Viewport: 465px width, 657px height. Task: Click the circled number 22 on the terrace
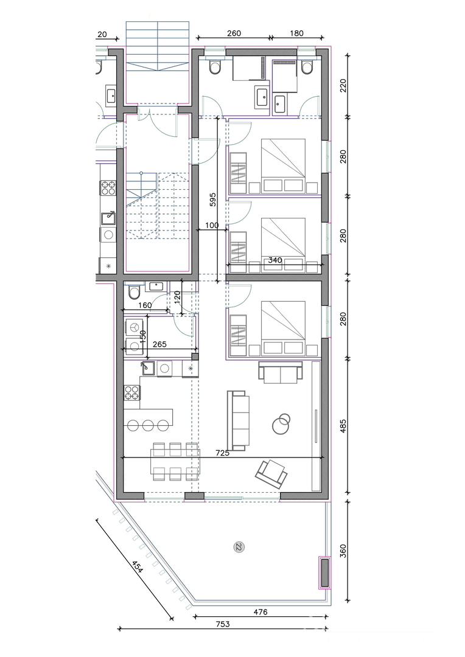(239, 547)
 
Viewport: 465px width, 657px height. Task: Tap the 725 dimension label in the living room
(222, 453)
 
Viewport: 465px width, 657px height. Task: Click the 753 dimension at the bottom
(223, 624)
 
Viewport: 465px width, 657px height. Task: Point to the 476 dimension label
(260, 612)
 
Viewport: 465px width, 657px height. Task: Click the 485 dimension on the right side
(343, 425)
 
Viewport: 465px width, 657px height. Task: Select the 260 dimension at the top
(234, 33)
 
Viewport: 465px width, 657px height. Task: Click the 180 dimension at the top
(296, 33)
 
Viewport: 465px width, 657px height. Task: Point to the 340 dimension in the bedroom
(274, 260)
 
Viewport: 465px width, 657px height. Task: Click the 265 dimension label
(159, 344)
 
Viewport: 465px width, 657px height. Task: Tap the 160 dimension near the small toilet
(145, 305)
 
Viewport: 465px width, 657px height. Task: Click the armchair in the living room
(271, 473)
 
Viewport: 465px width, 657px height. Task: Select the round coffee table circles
(281, 423)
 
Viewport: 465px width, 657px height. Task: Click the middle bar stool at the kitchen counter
(148, 425)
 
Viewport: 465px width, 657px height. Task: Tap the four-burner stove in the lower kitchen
(131, 392)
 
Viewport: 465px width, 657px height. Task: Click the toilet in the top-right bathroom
(307, 67)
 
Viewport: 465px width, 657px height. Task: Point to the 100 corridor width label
(212, 226)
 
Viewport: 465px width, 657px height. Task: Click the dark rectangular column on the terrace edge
(325, 573)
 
